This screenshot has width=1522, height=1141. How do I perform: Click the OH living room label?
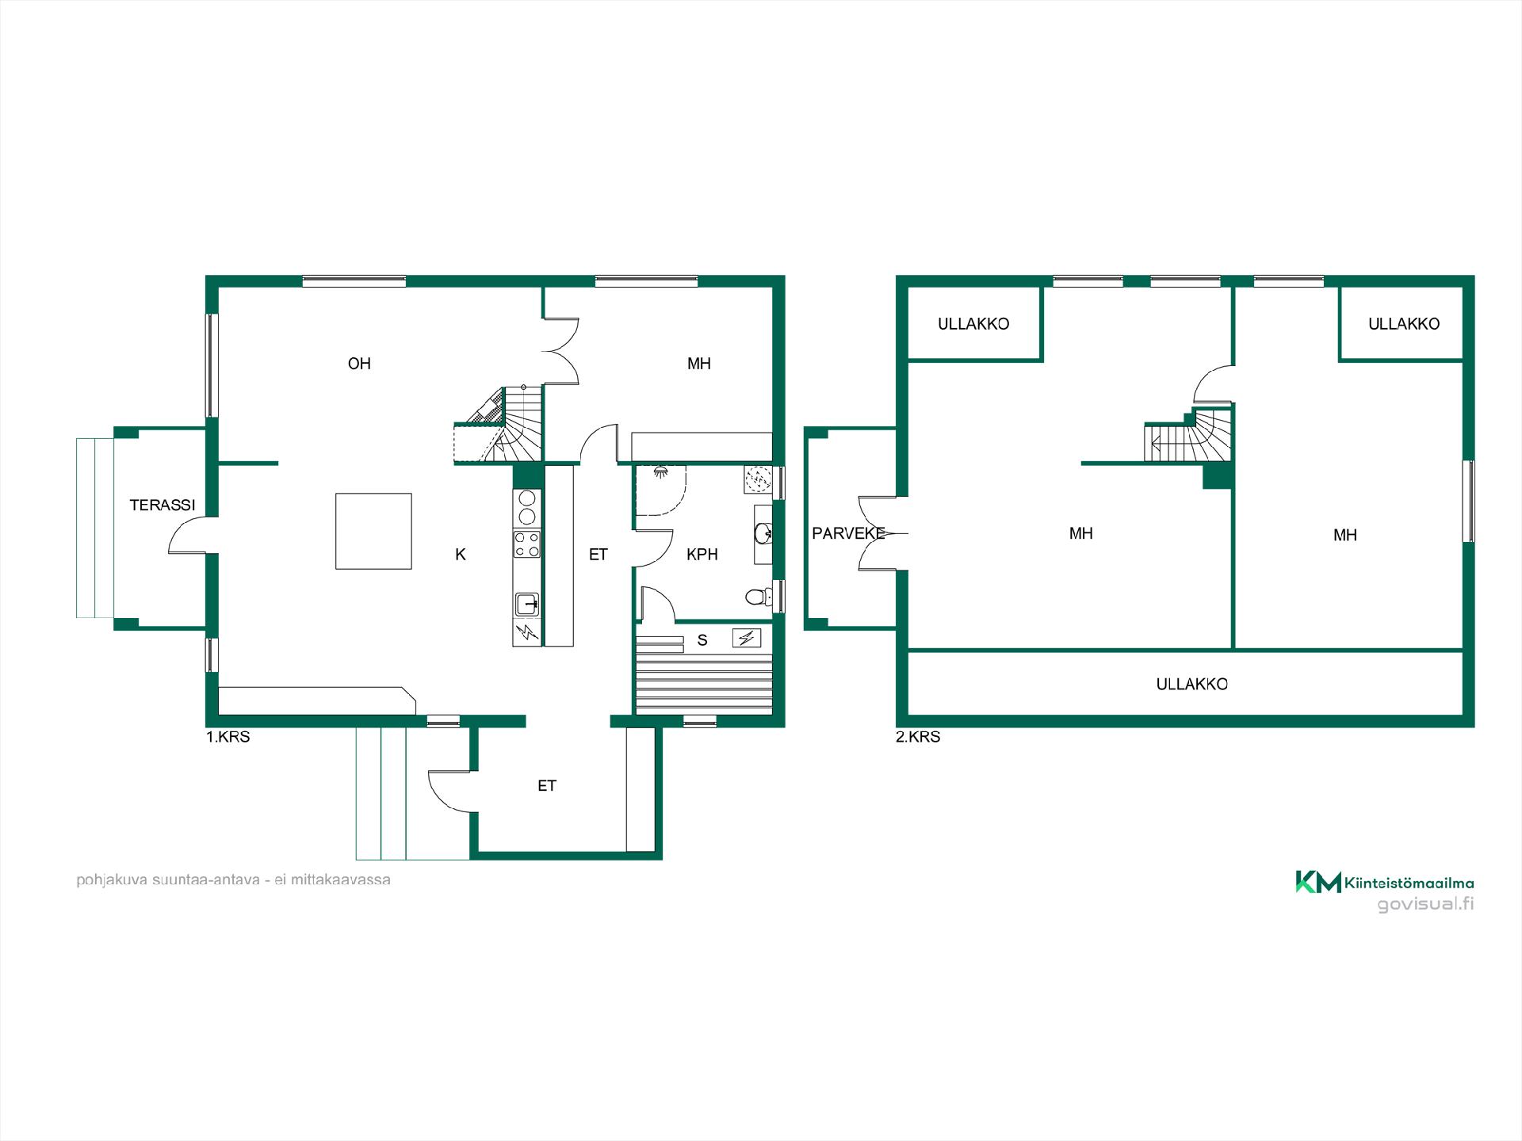tap(359, 364)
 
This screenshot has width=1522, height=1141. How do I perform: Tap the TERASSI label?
tap(163, 505)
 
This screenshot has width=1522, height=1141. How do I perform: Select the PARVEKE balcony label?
tap(848, 533)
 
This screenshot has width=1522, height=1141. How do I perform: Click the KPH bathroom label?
tap(702, 555)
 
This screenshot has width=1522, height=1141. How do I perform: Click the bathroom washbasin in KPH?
tap(763, 534)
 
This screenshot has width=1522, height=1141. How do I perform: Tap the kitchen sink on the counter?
tap(527, 605)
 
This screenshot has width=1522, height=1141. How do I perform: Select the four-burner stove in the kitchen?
tap(527, 544)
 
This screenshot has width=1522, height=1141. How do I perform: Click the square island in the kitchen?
tap(373, 531)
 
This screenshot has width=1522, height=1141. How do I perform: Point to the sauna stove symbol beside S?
tap(748, 637)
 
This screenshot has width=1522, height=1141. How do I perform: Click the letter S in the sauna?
tap(702, 640)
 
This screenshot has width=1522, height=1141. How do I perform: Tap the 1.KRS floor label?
tap(228, 737)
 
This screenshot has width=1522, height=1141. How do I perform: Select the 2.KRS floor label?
tap(918, 737)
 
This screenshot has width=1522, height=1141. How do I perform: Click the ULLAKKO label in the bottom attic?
tap(1192, 684)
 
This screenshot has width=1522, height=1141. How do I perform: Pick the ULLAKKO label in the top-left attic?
tap(973, 323)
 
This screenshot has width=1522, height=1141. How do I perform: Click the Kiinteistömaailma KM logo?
tap(1318, 882)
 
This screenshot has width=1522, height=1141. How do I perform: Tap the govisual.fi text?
tap(1425, 904)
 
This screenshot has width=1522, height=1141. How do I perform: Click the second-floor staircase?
tap(1187, 435)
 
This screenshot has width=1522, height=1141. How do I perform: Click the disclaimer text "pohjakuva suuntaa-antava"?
tap(168, 880)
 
